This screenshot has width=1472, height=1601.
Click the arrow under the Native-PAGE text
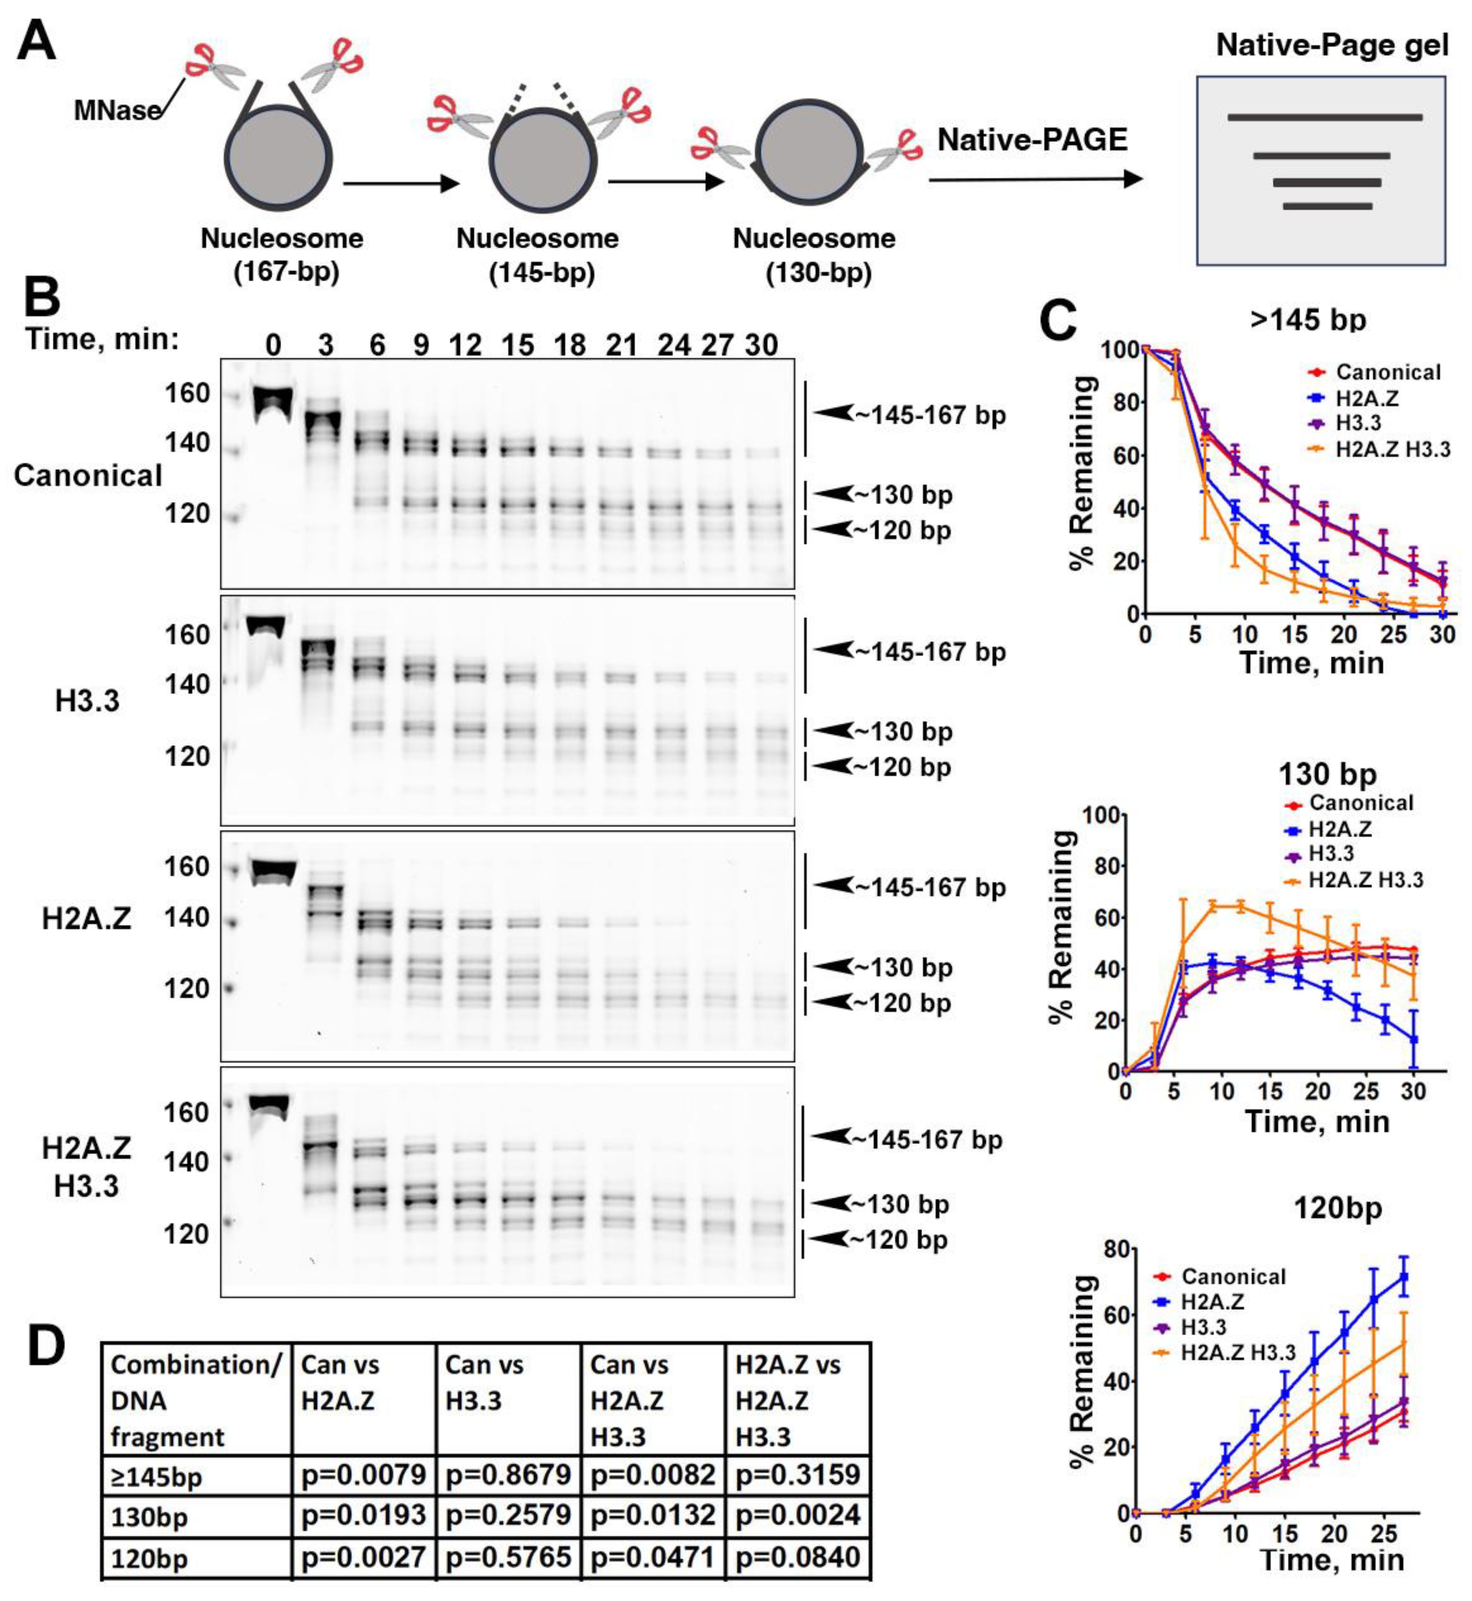pos(1035,179)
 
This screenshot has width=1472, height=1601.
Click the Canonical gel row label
pos(88,476)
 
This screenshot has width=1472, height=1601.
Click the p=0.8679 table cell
pos(508,1475)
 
